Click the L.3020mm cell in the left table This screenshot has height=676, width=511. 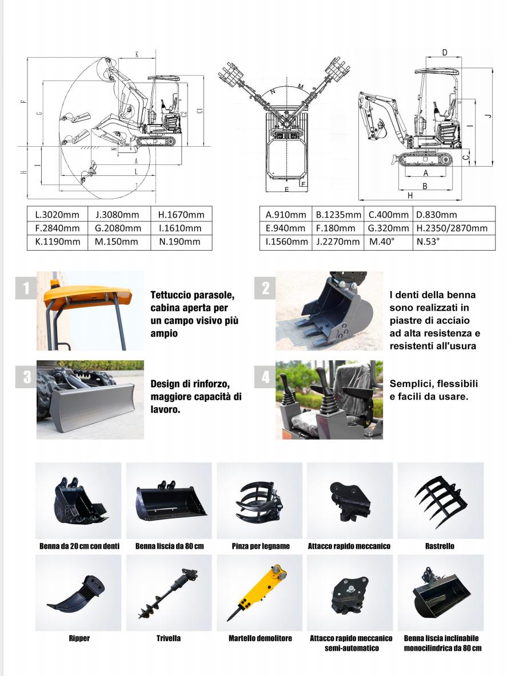57,215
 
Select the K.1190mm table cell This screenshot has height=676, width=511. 57,242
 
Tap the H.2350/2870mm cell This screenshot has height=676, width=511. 453,228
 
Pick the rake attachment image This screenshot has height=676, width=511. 440,501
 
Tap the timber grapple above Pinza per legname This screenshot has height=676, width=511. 259,501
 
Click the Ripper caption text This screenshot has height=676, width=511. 79,638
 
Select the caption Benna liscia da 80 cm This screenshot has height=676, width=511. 169,546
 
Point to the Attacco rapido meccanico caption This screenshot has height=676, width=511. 349,546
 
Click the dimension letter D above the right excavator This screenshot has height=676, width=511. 445,53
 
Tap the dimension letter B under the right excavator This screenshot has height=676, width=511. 425,186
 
